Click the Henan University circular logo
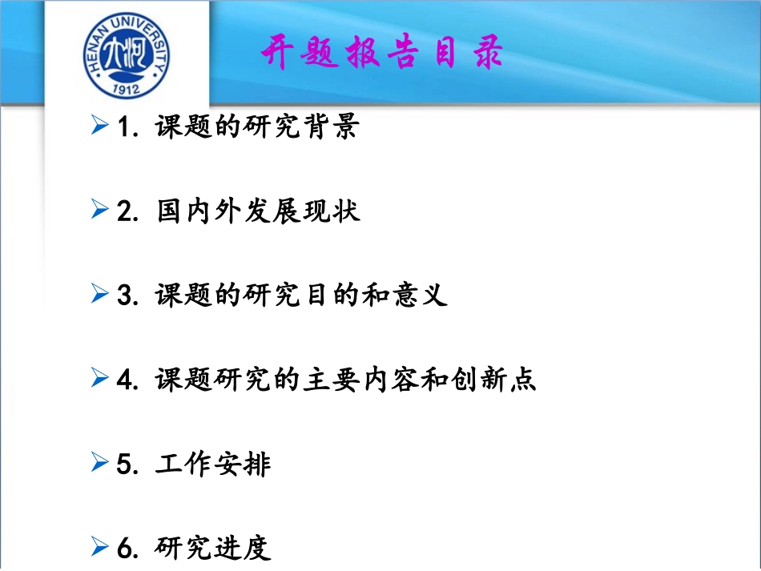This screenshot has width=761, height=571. (x=128, y=55)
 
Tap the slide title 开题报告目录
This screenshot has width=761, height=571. (x=382, y=54)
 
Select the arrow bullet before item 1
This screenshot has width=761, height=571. (x=99, y=127)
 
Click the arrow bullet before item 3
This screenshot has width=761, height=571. (x=99, y=295)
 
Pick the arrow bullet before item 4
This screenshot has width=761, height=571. (x=99, y=379)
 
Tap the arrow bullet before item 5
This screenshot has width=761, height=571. (x=99, y=463)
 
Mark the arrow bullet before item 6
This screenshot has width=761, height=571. (x=99, y=547)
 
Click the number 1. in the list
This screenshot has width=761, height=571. (x=128, y=127)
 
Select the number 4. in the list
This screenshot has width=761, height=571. (x=128, y=380)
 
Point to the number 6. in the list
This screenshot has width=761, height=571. (x=128, y=548)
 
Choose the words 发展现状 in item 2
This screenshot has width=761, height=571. (x=309, y=211)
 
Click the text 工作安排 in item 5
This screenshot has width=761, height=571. (x=213, y=464)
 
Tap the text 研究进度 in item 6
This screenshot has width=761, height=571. (x=213, y=548)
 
